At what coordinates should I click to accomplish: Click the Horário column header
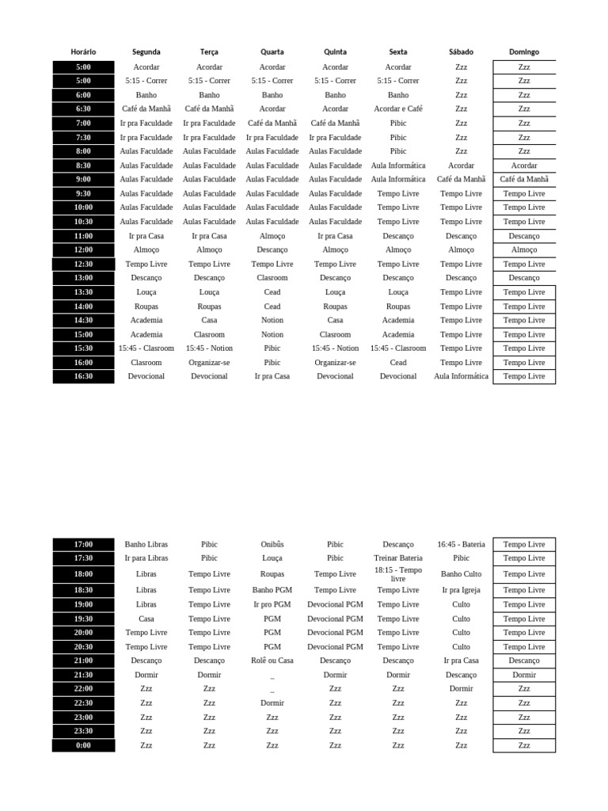[x=83, y=52]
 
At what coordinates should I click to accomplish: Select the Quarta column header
[x=272, y=52]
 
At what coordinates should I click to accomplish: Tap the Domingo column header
[x=524, y=52]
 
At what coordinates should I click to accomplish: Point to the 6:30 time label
[x=83, y=109]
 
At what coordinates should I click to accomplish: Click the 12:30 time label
[x=83, y=265]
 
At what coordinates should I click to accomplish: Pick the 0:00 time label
[x=83, y=745]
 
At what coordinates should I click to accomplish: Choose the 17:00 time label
[x=83, y=545]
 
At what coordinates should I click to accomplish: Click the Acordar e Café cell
[x=398, y=109]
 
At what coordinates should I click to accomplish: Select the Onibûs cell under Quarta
[x=272, y=545]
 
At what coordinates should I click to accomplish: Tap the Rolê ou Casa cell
[x=272, y=661]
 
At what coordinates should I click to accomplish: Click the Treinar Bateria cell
[x=398, y=558]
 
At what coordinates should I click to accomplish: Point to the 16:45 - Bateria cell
[x=462, y=545]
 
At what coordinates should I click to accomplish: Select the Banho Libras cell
[x=146, y=545]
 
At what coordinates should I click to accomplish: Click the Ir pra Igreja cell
[x=462, y=590]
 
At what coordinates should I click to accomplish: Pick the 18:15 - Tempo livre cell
[x=398, y=574]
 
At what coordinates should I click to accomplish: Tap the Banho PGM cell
[x=272, y=590]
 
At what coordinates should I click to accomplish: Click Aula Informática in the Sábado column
[x=462, y=377]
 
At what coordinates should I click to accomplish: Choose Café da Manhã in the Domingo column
[x=524, y=180]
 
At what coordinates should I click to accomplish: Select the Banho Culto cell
[x=462, y=574]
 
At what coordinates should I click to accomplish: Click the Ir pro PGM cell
[x=272, y=604]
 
